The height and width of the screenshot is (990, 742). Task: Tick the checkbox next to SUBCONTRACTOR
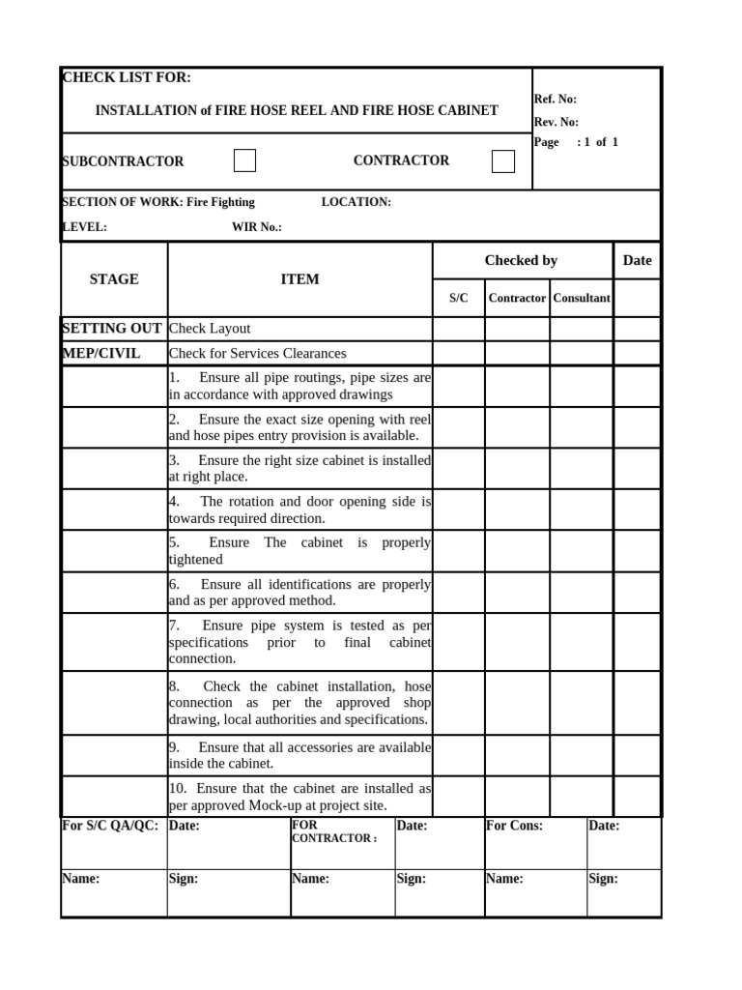(244, 160)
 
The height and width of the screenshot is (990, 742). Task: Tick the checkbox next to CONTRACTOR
(502, 161)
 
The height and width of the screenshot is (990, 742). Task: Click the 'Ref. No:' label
(555, 99)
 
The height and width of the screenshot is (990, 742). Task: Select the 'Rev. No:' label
(556, 122)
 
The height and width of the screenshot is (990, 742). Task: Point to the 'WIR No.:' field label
(256, 227)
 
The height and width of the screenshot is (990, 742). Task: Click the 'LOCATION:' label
(356, 202)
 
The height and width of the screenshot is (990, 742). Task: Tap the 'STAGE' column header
(114, 279)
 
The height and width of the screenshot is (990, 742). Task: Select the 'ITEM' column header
(300, 279)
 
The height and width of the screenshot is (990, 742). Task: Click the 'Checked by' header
(521, 260)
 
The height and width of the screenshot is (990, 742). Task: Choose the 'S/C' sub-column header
(458, 298)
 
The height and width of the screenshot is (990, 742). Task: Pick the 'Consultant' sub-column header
(581, 298)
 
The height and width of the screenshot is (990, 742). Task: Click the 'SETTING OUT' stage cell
(112, 328)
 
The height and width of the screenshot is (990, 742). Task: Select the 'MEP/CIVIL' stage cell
(101, 353)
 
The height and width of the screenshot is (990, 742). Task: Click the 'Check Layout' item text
(210, 329)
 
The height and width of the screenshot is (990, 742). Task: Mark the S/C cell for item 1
(458, 386)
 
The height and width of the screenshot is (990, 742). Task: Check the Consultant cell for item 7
(581, 642)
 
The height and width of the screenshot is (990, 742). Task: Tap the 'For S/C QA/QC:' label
(109, 826)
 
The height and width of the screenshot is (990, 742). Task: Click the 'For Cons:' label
(514, 826)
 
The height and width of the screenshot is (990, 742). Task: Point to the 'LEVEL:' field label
(84, 227)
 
